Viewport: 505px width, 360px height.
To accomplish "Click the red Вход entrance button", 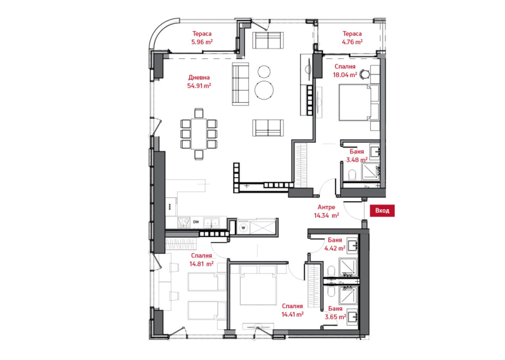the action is click(x=382, y=210).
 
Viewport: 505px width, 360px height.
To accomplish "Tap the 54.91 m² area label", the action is click(x=199, y=86).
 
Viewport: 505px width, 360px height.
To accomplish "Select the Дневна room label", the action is click(x=199, y=77).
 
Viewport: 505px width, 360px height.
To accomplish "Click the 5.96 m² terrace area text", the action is click(x=202, y=42).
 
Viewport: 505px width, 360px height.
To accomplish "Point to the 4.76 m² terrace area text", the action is click(x=352, y=42).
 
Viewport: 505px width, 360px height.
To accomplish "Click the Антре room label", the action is click(x=327, y=207).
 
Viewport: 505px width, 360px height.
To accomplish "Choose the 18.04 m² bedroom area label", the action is click(x=345, y=75).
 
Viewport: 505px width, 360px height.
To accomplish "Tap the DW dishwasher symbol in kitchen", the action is click(x=196, y=222).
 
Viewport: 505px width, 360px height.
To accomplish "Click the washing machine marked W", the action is click(x=243, y=228).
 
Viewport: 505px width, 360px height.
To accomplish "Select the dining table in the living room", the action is click(x=199, y=134).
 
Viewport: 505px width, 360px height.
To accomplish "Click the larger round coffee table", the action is click(x=264, y=90).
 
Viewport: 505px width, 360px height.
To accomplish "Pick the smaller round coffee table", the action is click(x=264, y=71).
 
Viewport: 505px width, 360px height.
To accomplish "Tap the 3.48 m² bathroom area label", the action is click(x=357, y=160).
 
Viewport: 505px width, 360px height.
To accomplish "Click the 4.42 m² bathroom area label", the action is click(x=335, y=248).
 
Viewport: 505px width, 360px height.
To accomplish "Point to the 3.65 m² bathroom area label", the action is click(x=335, y=317).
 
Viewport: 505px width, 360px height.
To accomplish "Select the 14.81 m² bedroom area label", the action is click(x=202, y=264).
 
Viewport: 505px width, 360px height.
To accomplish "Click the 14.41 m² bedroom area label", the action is click(x=293, y=314).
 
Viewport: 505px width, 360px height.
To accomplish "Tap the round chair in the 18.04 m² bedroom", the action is click(x=365, y=74).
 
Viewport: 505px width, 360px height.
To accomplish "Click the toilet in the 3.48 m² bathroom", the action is click(x=352, y=174).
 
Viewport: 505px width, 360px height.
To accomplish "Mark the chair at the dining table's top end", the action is click(x=199, y=113).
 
